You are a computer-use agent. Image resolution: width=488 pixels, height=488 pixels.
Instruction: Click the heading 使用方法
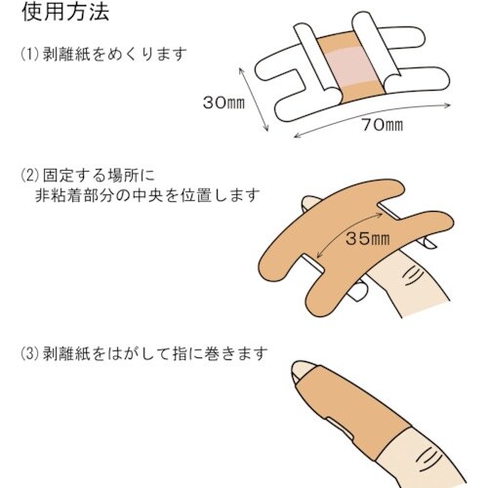pyautogui.click(x=65, y=12)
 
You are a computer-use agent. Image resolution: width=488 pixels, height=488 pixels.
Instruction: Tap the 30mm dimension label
pyautogui.click(x=224, y=102)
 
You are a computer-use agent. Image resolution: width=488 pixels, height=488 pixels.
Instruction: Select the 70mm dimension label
pyautogui.click(x=383, y=125)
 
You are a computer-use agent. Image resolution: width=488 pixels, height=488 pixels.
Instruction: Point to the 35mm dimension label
pyautogui.click(x=367, y=238)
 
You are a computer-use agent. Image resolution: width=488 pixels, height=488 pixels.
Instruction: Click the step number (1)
pyautogui.click(x=30, y=55)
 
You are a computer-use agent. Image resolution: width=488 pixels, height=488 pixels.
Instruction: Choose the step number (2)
pyautogui.click(x=30, y=176)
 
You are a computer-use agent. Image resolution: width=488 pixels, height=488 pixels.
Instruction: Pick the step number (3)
pyautogui.click(x=30, y=353)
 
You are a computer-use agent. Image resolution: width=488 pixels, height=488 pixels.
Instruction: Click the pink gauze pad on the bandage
pyautogui.click(x=354, y=66)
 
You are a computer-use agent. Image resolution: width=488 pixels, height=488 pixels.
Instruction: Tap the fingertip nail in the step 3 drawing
pyautogui.click(x=302, y=369)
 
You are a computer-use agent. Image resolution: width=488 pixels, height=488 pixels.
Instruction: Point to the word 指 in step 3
pyautogui.click(x=181, y=353)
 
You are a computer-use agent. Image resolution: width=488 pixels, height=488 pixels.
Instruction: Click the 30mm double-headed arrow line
pyautogui.click(x=254, y=100)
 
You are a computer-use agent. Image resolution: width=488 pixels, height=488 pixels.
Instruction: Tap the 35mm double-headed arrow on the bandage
pyautogui.click(x=348, y=236)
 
